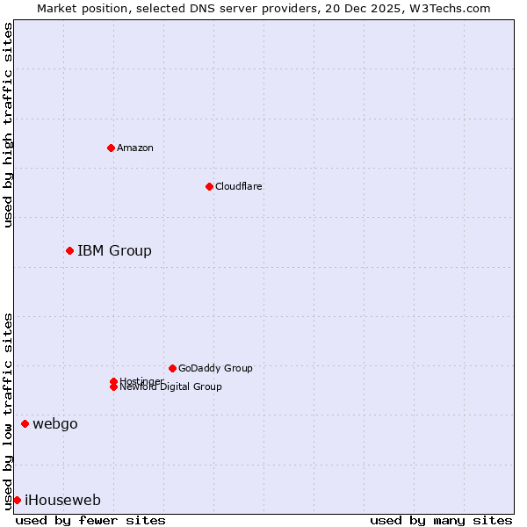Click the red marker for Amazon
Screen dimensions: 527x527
coord(111,148)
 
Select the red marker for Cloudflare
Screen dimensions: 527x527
coord(209,186)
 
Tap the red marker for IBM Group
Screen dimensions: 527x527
coord(69,251)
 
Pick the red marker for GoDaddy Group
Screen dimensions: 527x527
coord(172,368)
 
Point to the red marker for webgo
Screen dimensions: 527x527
coord(25,424)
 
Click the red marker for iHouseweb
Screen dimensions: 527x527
coord(17,501)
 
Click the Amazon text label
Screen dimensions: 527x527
coord(134,148)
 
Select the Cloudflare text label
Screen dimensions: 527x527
coord(238,186)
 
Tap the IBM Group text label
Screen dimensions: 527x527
coord(114,251)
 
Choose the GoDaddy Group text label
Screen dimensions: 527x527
coord(215,368)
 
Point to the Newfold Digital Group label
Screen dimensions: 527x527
coord(170,387)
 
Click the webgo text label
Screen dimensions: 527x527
coord(55,424)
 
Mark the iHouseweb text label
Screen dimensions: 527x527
coord(62,501)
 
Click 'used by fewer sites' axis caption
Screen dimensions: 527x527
coord(90,520)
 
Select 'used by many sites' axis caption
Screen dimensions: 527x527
coord(441,520)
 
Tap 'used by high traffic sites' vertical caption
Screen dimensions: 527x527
coord(8,125)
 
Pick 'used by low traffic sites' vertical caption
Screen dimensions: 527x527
coord(8,411)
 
